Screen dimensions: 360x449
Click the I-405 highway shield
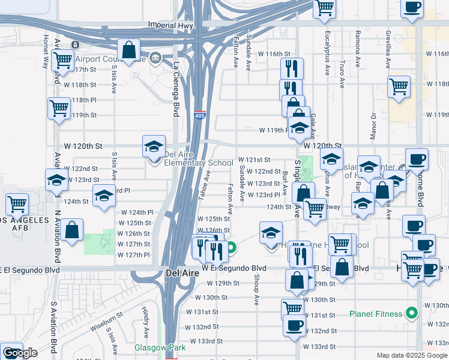point(199,114)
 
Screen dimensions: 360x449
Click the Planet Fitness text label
point(378,313)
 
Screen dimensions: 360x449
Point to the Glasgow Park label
point(160,347)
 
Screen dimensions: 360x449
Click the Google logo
point(20,353)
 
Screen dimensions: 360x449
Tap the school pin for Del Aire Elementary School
point(154,147)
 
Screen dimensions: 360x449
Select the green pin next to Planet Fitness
point(411,313)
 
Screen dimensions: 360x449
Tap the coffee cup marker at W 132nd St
point(294,325)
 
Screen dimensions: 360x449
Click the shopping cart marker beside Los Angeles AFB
point(17,204)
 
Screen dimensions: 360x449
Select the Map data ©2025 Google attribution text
point(412,355)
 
